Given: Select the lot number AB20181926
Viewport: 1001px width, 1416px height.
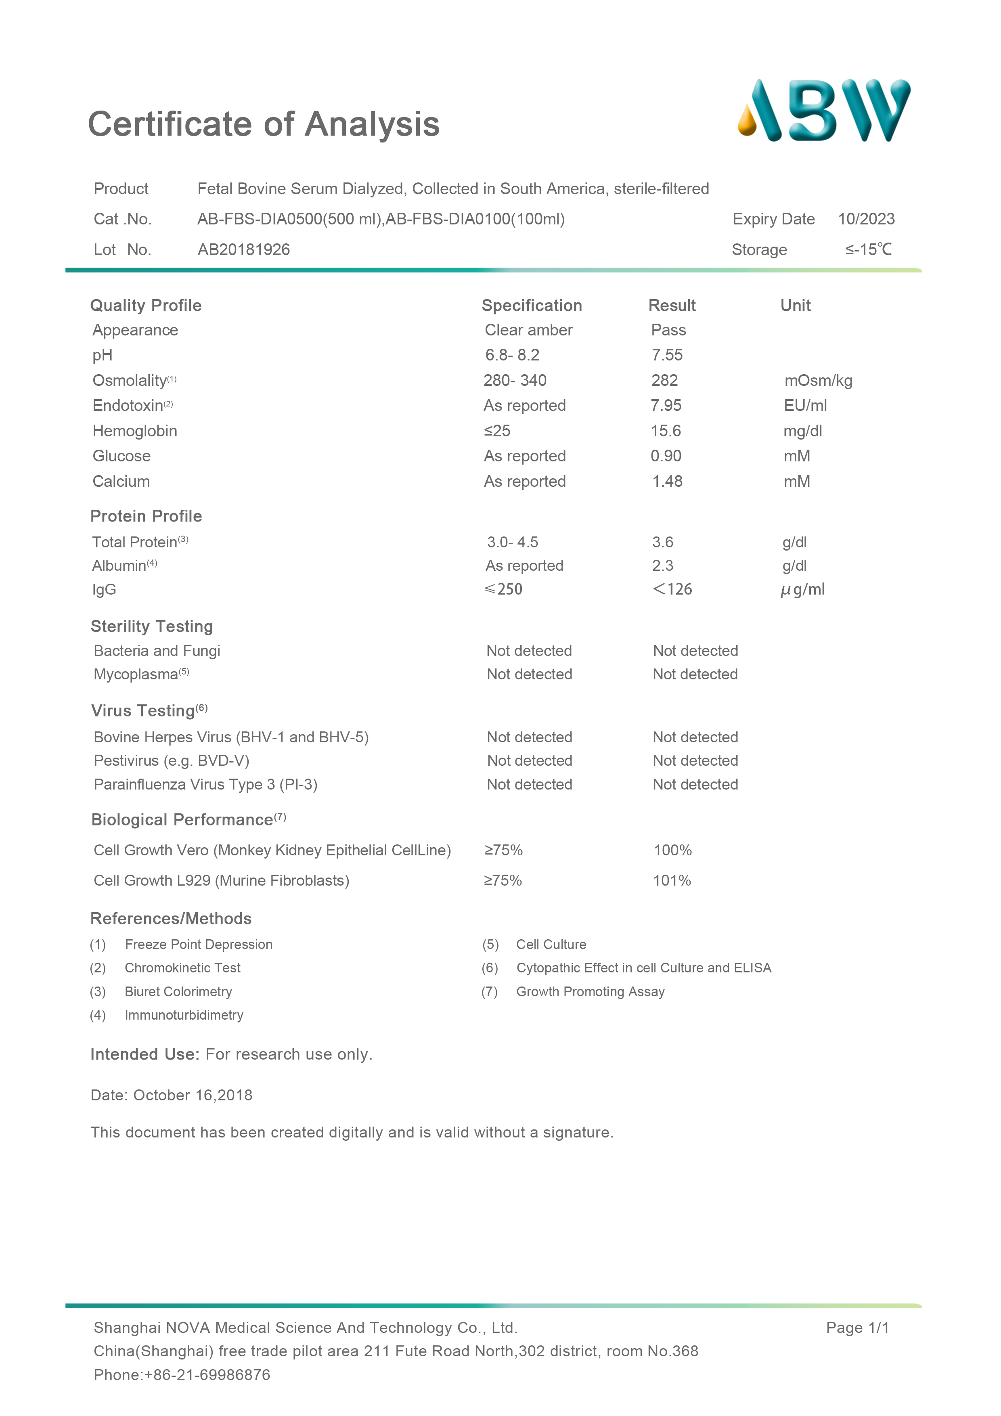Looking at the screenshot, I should click(x=244, y=250).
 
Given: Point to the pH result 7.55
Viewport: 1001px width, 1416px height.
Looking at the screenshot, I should click(x=667, y=355).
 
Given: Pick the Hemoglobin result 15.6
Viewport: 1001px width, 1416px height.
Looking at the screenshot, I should click(x=666, y=431).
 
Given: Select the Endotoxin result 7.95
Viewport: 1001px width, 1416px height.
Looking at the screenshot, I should click(x=666, y=406).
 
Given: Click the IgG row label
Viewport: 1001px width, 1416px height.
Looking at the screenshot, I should click(x=104, y=590).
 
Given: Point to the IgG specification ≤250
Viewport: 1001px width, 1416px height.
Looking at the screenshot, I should click(x=503, y=590).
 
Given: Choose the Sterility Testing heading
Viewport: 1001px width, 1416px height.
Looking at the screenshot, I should click(x=152, y=626).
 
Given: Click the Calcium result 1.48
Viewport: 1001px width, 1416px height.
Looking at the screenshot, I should click(x=667, y=482).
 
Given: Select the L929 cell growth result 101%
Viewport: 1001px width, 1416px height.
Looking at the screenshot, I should click(x=672, y=881).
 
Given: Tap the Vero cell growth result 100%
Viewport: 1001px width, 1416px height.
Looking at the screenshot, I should click(x=672, y=850).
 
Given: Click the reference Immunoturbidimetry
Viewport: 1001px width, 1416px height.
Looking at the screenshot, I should click(x=184, y=1015).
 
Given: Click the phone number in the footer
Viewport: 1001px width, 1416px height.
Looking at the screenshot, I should click(x=182, y=1375).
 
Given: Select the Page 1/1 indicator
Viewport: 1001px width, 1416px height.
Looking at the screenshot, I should click(x=857, y=1328).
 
